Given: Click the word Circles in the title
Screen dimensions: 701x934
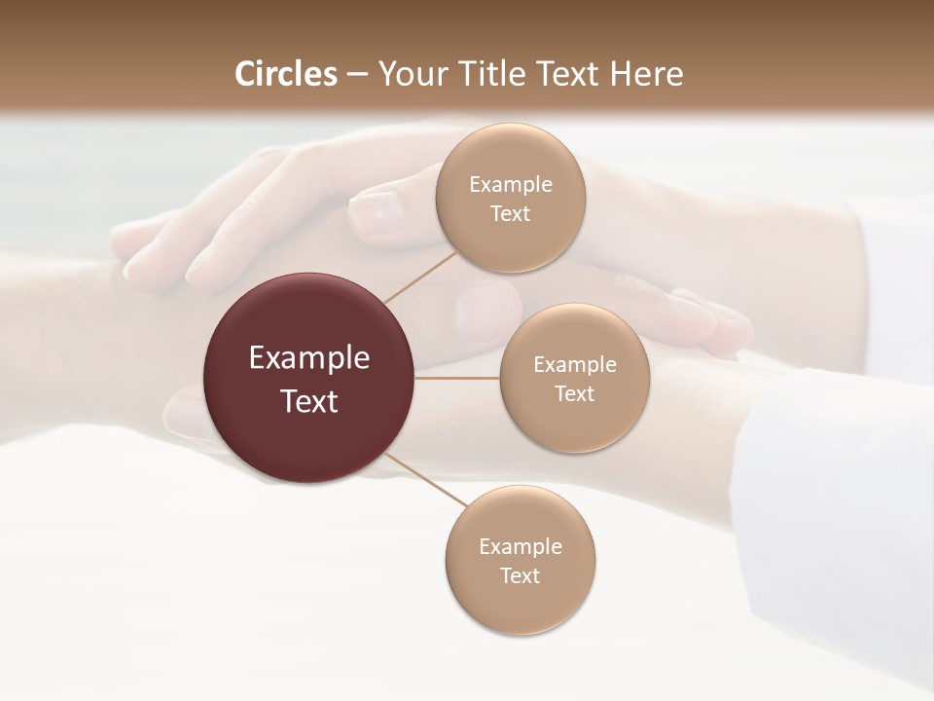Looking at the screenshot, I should pos(286,74).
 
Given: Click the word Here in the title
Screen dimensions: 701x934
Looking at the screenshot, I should pos(647,74).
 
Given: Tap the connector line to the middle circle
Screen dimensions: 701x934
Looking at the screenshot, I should pos(457,378).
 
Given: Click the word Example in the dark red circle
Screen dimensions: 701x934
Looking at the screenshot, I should pos(309,358).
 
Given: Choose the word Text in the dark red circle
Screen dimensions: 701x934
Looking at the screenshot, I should pos(309,401).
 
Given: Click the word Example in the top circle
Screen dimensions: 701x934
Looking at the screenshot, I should pos(510,184).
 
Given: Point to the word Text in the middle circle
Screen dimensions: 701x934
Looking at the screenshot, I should pos(574,393).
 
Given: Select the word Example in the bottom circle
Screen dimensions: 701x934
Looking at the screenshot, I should pos(520,546).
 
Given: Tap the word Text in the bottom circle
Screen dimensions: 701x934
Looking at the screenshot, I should pos(520,575).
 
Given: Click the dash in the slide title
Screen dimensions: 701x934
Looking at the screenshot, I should pos(357,74).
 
